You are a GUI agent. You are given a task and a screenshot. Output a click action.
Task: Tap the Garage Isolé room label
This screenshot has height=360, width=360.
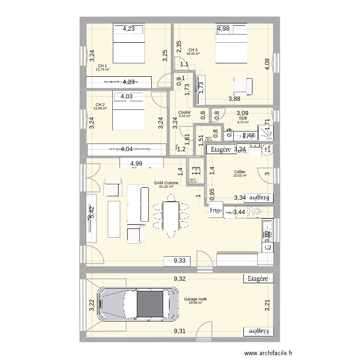click(x=195, y=299)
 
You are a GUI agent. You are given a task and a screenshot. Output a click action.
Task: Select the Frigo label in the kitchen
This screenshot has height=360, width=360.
click(x=216, y=210)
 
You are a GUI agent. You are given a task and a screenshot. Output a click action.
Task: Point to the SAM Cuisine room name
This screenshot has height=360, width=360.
click(x=166, y=183)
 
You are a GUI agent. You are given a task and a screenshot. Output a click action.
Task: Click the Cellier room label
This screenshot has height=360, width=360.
click(x=240, y=172)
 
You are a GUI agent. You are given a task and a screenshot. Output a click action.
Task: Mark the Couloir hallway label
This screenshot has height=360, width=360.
click(x=184, y=112)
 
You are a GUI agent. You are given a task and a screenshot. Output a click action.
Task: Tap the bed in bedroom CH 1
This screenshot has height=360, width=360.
click(x=129, y=47)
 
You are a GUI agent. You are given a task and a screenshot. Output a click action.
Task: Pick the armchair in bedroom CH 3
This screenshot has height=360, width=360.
click(x=243, y=86)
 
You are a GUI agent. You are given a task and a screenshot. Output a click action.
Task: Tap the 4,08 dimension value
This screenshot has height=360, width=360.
click(x=267, y=64)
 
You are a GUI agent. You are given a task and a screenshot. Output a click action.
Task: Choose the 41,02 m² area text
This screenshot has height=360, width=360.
click(x=166, y=187)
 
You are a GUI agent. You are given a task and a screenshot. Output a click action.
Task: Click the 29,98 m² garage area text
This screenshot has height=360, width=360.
click(x=195, y=303)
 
